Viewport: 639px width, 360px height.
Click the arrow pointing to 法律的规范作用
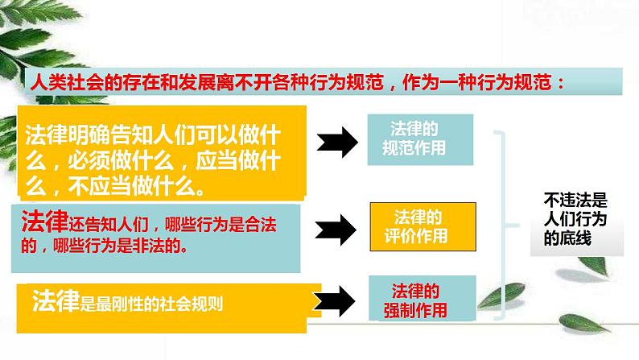(336, 143)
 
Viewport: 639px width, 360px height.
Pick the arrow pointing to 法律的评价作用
(336, 229)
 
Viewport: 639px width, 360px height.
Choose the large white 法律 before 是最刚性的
(56, 301)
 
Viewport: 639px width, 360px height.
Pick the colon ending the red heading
(568, 83)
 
